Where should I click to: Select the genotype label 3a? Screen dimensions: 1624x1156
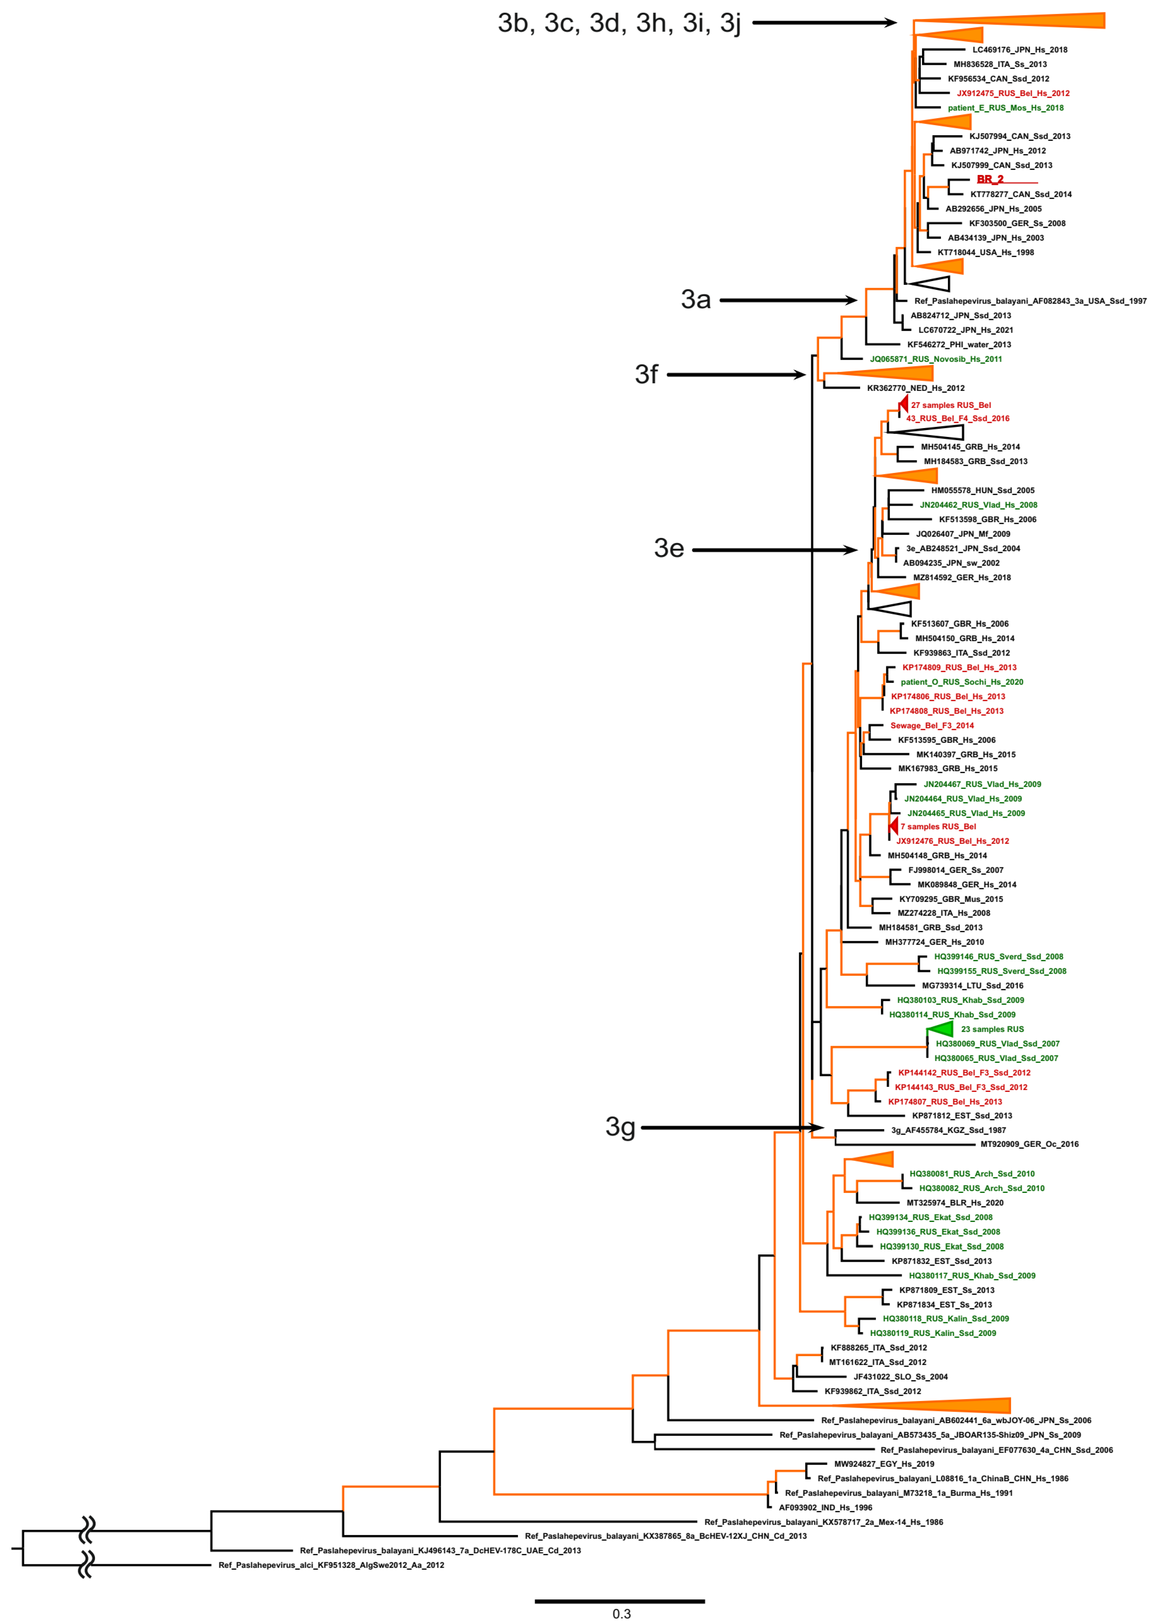click(x=695, y=300)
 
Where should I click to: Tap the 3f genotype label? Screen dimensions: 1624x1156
click(x=646, y=374)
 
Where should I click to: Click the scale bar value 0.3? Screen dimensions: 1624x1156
click(x=621, y=1614)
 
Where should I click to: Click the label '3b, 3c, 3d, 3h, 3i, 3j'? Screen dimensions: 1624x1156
click(x=619, y=23)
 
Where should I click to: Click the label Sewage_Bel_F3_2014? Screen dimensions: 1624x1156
click(x=932, y=726)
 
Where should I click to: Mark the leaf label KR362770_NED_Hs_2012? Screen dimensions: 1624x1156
click(x=915, y=388)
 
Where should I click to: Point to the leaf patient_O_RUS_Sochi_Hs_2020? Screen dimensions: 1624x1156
click(x=962, y=682)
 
